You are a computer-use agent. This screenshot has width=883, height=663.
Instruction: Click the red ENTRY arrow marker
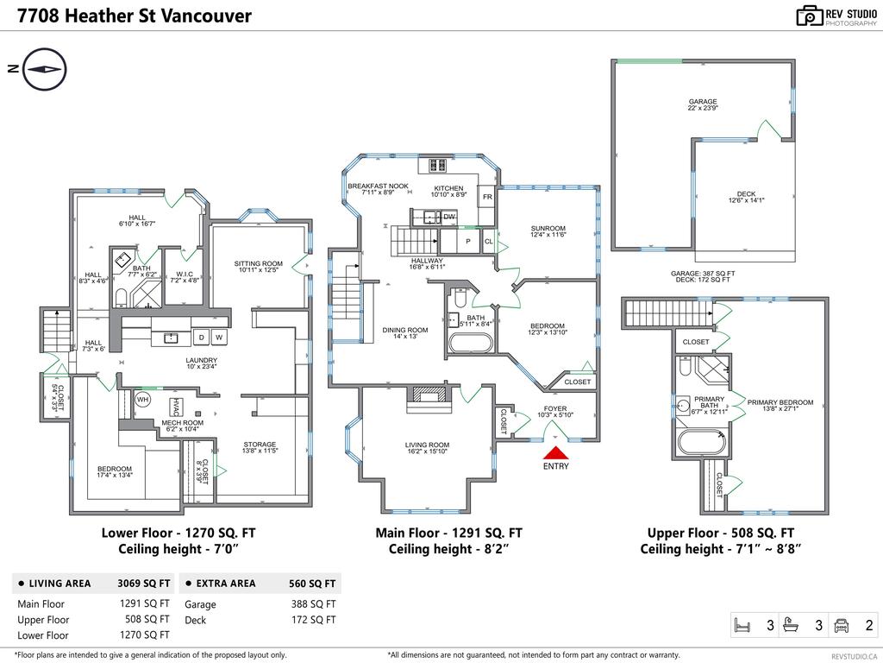(x=556, y=452)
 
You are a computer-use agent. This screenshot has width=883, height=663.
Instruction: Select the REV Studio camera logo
(x=810, y=16)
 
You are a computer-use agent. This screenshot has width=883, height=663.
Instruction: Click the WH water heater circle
(x=143, y=400)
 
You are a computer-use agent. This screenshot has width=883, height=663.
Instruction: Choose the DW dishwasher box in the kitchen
(x=448, y=217)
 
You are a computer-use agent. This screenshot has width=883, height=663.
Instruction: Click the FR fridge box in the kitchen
(x=487, y=198)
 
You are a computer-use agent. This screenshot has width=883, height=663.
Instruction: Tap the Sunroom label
(x=548, y=229)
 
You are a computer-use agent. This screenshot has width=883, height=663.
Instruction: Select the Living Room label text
(x=428, y=445)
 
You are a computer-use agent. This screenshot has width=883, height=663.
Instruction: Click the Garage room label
(x=702, y=102)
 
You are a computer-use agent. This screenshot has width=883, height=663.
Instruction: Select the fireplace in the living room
(x=429, y=395)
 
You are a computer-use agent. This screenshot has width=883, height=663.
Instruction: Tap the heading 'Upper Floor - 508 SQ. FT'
(x=721, y=534)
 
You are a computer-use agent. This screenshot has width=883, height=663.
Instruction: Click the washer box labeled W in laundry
(x=219, y=337)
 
